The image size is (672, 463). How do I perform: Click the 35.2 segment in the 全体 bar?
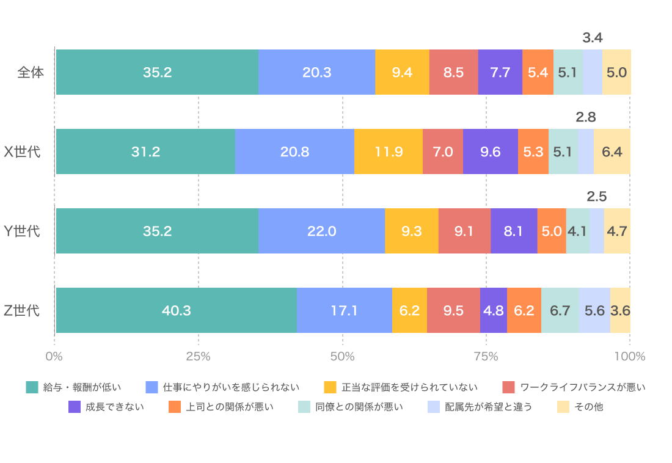[x=157, y=72]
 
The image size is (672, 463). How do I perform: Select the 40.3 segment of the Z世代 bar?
[x=176, y=310]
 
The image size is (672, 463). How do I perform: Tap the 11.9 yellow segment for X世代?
[x=389, y=151]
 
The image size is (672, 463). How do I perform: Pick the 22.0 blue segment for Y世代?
[x=321, y=231]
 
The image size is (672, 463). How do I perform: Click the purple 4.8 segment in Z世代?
[x=493, y=310]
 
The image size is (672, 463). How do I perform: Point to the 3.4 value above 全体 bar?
[x=593, y=38]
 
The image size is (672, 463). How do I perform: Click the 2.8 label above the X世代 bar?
[x=585, y=117]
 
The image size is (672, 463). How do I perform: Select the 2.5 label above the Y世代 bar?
[x=596, y=197]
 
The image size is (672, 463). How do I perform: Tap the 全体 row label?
[x=31, y=72]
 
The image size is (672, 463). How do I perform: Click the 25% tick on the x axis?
[x=198, y=356]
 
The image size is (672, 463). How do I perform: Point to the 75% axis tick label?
[x=486, y=356]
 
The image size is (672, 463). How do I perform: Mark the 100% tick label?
[x=629, y=356]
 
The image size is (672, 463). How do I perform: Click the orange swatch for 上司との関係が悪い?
[x=175, y=407]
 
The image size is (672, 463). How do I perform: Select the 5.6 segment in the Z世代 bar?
[x=594, y=310]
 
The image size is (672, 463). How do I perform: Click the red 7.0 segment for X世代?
[x=442, y=151]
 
